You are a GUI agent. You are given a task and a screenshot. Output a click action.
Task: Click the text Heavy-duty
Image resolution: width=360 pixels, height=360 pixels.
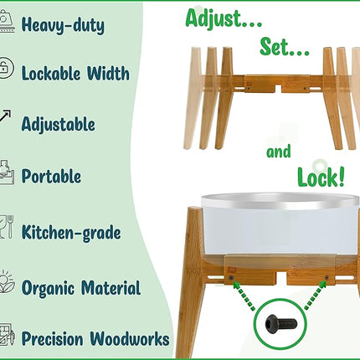[63, 25]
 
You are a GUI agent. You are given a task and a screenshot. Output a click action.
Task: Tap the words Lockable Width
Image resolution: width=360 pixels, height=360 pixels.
[75, 74]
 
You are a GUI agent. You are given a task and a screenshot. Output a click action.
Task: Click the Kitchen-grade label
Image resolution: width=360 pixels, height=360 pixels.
[71, 231]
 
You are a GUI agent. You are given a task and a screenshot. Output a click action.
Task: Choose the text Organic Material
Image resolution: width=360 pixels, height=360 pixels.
[80, 289]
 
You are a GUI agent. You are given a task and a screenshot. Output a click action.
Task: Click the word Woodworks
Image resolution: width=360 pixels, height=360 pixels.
[132, 339]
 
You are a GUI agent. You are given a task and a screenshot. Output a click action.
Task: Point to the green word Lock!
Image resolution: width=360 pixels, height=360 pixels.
[320, 176]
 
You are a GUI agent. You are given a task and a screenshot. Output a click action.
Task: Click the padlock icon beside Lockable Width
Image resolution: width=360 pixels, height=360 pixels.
[7, 69]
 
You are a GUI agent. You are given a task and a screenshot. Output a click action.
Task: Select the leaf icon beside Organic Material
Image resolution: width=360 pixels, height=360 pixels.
[6, 282]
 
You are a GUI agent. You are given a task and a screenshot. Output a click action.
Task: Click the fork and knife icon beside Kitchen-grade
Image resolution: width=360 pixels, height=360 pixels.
[6, 226]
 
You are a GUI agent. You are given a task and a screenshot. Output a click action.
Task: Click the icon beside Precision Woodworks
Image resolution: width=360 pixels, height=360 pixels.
[7, 336]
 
